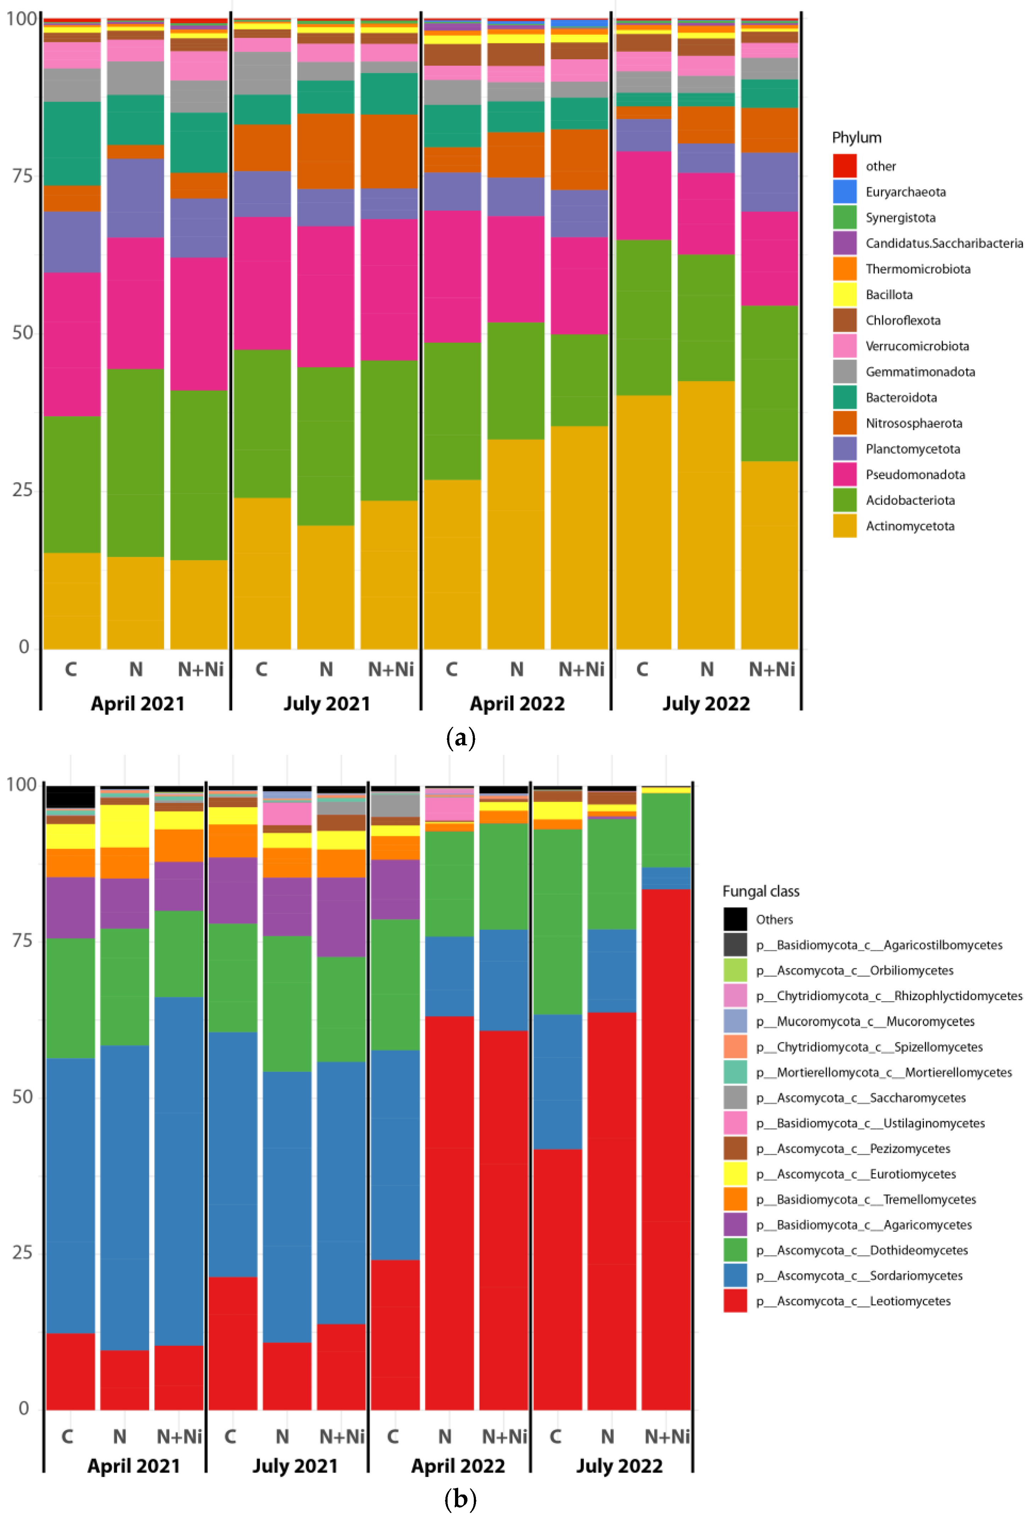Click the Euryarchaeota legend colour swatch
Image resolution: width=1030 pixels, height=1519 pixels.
pyautogui.click(x=844, y=192)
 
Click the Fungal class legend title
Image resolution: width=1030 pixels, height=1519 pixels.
pyautogui.click(x=761, y=892)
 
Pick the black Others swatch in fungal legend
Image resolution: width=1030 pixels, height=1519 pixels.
pyautogui.click(x=735, y=919)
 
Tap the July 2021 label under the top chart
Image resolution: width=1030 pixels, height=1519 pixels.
pyautogui.click(x=327, y=703)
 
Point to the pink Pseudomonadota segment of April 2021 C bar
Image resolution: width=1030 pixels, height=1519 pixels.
pyautogui.click(x=72, y=345)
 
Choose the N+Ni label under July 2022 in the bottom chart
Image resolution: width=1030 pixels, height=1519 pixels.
pyautogui.click(x=667, y=1437)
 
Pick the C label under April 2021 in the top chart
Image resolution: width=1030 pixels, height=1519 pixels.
pyautogui.click(x=71, y=669)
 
